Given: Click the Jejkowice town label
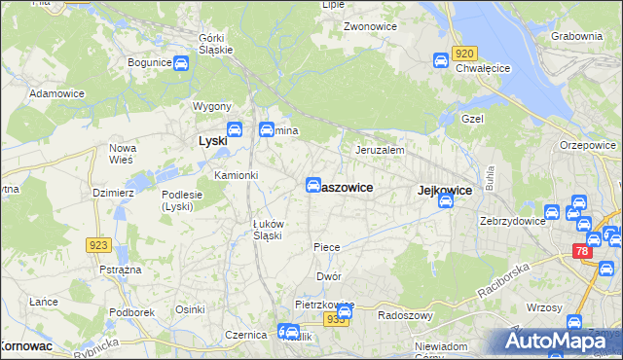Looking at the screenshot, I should [444, 191].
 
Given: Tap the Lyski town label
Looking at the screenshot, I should [212, 141].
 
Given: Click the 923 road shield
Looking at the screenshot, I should [97, 245].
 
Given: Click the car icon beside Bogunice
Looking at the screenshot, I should [181, 63].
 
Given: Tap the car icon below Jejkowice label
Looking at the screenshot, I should [446, 202].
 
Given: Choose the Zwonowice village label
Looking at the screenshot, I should [368, 26].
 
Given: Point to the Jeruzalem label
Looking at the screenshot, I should [380, 151].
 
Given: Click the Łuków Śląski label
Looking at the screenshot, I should [268, 230].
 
